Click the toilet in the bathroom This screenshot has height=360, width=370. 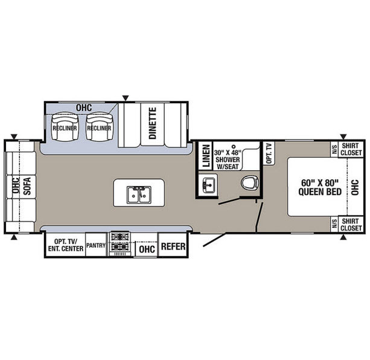(250, 182)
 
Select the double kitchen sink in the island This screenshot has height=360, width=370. (139, 194)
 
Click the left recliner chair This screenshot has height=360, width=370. (65, 126)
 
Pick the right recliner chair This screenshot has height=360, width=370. (100, 126)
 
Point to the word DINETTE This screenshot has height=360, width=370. (153, 123)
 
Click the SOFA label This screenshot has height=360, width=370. (27, 186)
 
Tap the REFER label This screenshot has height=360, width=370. (173, 246)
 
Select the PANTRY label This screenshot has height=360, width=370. (96, 245)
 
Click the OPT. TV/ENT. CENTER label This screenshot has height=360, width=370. (66, 245)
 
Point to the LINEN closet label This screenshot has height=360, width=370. (206, 156)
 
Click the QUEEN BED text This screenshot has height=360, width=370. (320, 191)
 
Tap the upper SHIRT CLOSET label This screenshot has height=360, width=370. (351, 149)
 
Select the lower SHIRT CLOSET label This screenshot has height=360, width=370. (351, 225)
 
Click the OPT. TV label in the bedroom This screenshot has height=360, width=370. (269, 153)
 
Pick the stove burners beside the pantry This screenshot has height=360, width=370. (120, 242)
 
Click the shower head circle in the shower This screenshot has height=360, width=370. (234, 146)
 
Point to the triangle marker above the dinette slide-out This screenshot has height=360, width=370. (126, 98)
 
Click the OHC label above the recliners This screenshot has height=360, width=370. (84, 108)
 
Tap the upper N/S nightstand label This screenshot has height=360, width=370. (334, 150)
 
